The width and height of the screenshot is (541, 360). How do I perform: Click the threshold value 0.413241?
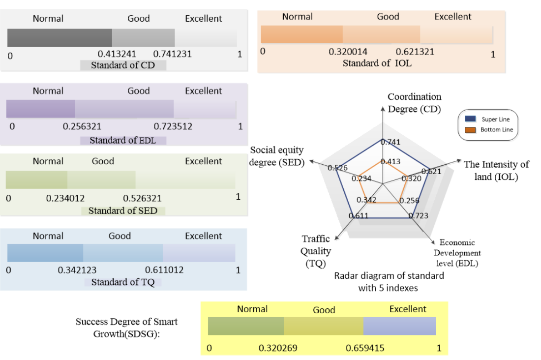point(117,54)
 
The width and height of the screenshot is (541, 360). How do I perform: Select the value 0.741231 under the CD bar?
point(172,54)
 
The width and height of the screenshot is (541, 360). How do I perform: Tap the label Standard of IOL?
point(377,63)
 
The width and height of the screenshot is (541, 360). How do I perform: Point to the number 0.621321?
point(415,52)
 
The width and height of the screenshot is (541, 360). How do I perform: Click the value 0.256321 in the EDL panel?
point(82,126)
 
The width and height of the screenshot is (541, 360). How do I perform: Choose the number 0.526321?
point(142,199)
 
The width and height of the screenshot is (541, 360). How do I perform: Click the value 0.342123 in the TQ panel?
point(77,270)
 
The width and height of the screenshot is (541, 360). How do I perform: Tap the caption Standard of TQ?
point(122,282)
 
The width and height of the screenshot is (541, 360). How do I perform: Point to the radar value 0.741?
point(393,143)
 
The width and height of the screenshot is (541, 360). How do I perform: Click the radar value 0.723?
point(421,215)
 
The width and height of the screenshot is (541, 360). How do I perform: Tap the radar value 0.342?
point(366,200)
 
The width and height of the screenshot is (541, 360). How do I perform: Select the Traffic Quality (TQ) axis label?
point(316,251)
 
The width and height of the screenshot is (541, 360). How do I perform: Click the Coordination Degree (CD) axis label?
point(415,102)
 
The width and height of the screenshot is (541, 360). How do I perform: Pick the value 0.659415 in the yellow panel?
point(365,349)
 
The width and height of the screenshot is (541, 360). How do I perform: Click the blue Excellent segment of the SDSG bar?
point(399,326)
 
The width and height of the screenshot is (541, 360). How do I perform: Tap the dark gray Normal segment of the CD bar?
point(60,38)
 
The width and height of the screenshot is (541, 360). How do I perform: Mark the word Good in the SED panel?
point(103,161)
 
